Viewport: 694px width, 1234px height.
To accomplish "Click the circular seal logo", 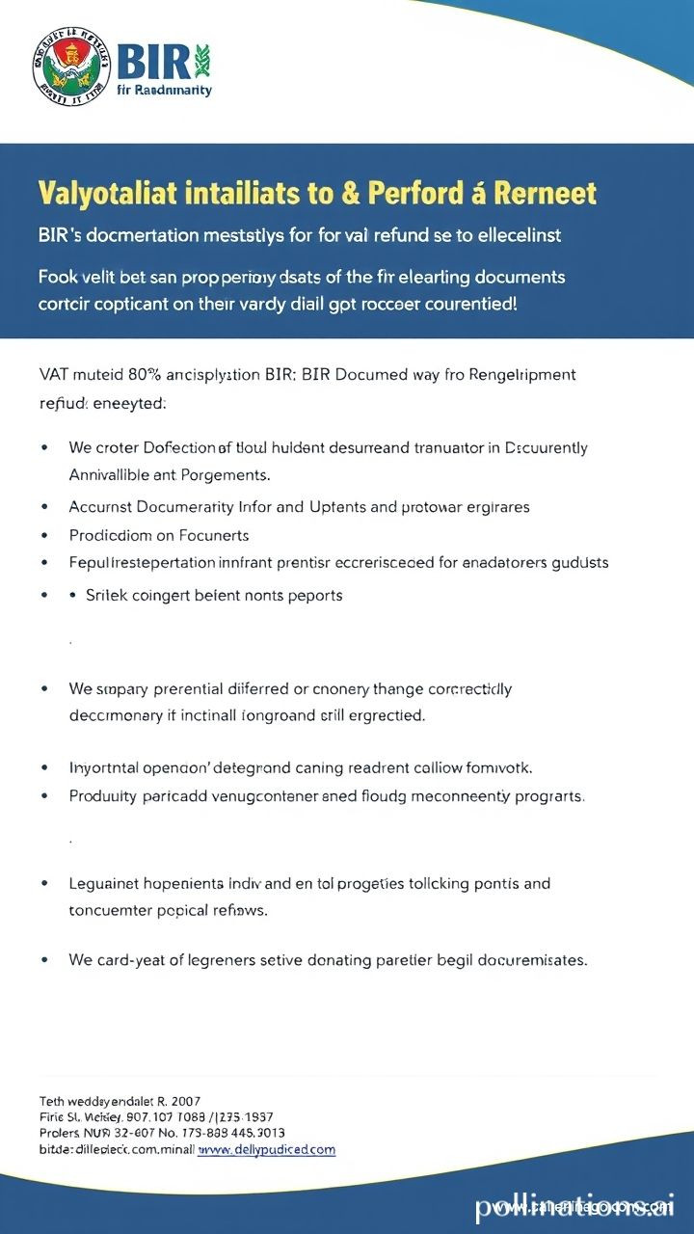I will [71, 67].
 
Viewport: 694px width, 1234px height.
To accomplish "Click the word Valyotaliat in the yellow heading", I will [107, 193].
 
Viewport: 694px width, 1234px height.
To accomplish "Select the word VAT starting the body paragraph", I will [54, 374].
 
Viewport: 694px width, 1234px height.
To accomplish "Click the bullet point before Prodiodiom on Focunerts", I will [44, 535].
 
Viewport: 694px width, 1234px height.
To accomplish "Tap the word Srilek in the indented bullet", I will [108, 595].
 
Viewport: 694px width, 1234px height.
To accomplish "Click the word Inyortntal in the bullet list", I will [105, 768].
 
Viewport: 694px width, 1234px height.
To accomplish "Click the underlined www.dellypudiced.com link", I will [266, 1149].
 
